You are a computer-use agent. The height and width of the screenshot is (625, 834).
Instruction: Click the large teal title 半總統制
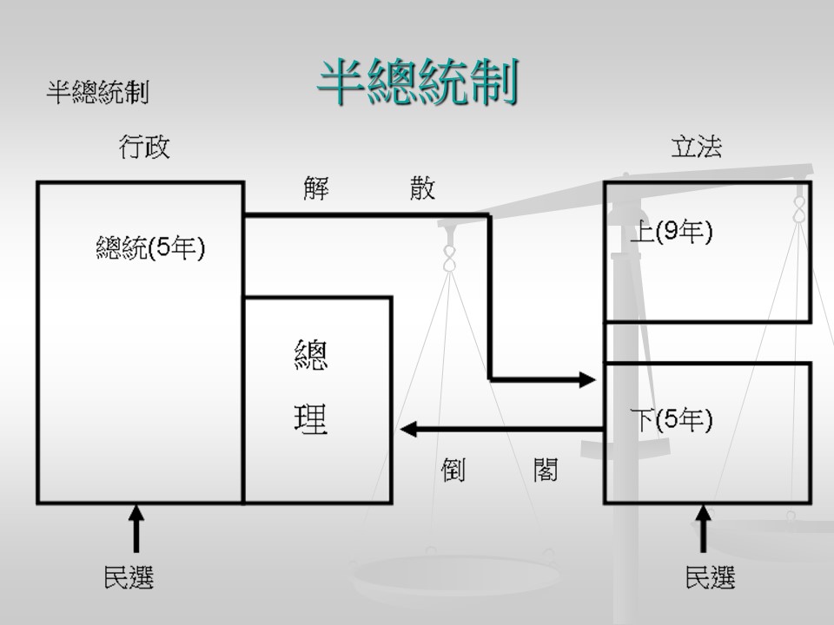coord(417,82)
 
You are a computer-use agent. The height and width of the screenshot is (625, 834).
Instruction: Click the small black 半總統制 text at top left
coord(97,93)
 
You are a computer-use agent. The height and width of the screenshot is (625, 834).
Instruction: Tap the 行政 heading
coord(144,147)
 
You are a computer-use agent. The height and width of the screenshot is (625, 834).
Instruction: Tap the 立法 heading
coord(696,147)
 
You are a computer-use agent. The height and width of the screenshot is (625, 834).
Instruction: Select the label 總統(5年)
coord(150,248)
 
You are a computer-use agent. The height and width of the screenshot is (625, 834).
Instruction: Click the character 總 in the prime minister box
coord(311,356)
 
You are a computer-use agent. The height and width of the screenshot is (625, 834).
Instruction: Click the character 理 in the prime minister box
coord(311,419)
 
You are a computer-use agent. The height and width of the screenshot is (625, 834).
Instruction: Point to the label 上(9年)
coord(671,232)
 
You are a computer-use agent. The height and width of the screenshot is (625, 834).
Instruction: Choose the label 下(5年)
coord(671,420)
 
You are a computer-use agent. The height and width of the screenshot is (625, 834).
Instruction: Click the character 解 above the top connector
coord(316,188)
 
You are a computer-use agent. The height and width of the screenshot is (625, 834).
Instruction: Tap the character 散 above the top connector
coord(422,188)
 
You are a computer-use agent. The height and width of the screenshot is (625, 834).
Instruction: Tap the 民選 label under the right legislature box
coord(710,577)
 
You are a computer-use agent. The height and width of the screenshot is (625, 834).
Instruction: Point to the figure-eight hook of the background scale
coord(450,258)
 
